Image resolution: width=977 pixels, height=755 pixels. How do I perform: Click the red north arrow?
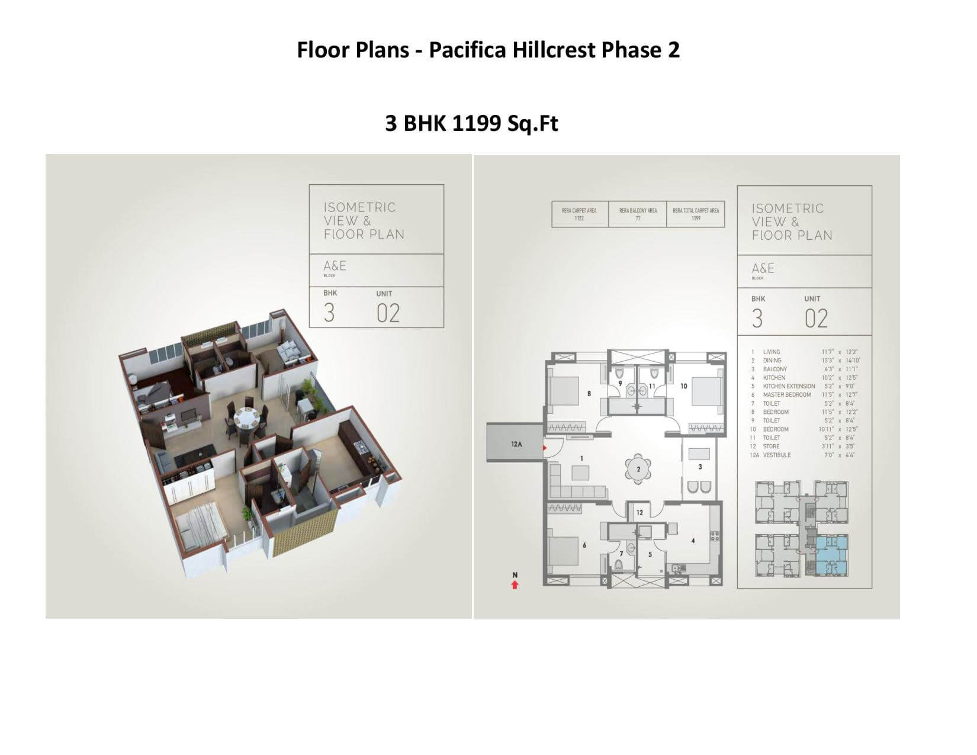click(x=515, y=585)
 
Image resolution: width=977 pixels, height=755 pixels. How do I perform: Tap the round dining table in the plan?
click(x=638, y=469)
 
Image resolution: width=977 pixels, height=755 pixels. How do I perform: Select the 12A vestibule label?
click(x=516, y=444)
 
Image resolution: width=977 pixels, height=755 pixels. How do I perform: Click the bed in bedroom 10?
click(x=707, y=392)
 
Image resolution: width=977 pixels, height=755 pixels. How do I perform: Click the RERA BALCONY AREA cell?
click(x=638, y=214)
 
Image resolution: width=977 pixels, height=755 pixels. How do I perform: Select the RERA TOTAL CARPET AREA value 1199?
click(x=696, y=219)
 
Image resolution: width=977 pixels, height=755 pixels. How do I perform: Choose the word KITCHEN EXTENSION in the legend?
click(x=789, y=386)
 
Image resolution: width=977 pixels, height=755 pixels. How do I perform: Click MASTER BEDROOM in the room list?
click(x=786, y=395)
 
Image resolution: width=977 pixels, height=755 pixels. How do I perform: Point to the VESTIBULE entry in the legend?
click(x=777, y=455)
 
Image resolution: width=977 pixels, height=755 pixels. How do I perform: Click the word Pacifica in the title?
click(x=467, y=50)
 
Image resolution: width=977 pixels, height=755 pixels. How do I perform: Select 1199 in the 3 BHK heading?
click(x=477, y=123)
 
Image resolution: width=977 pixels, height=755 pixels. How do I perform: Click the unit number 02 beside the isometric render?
click(x=388, y=313)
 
